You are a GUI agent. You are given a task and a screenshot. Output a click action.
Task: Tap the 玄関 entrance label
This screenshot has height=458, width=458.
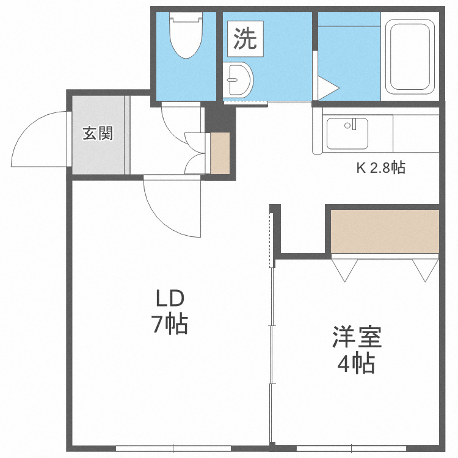98,133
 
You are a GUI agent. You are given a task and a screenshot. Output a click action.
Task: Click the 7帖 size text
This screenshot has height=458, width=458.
169,324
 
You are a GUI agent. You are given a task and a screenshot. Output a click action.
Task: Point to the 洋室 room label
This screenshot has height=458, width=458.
357,338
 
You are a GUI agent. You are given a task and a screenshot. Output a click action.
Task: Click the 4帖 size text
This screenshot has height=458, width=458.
357,364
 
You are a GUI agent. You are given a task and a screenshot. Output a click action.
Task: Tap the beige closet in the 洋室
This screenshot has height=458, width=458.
385,231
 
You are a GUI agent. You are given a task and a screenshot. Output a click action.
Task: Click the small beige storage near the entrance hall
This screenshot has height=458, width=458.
220,153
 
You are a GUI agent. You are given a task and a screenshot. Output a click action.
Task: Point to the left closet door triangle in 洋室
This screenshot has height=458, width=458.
345,267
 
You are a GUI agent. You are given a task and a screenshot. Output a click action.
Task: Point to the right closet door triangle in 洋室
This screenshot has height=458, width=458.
425,267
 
